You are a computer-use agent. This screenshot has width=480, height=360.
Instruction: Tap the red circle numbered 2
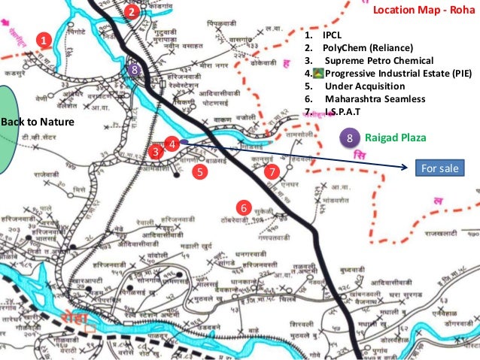pos(132,11)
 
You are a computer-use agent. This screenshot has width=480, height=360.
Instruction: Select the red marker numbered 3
pos(155,151)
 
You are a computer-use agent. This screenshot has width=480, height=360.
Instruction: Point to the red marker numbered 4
pos(172,142)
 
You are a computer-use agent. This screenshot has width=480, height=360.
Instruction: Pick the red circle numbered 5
pos(199,172)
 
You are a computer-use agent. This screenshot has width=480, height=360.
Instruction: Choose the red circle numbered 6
pos(243,207)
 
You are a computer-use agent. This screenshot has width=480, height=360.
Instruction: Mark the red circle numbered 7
pos(272,172)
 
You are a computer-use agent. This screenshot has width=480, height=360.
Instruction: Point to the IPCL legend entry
pos(332,36)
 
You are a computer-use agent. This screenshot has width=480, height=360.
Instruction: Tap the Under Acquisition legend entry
pos(365,86)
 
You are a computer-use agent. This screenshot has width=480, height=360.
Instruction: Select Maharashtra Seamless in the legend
pos(375,99)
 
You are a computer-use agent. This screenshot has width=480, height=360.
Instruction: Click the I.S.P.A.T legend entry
pos(342,111)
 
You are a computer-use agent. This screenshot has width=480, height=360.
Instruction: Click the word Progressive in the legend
pos(353,74)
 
